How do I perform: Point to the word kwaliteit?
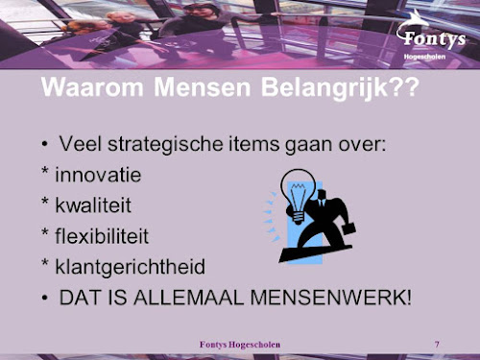pyautogui.click(x=94, y=205)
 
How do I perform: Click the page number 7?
pyautogui.click(x=437, y=344)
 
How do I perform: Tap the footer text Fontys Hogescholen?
pyautogui.click(x=240, y=344)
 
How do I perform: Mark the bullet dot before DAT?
pyautogui.click(x=44, y=297)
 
